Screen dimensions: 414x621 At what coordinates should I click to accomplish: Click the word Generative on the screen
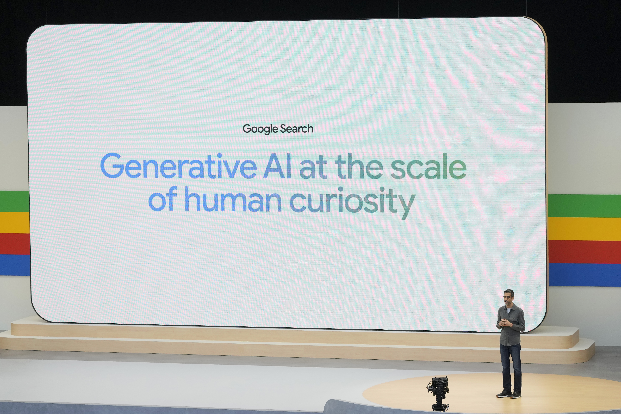pos(178,166)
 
